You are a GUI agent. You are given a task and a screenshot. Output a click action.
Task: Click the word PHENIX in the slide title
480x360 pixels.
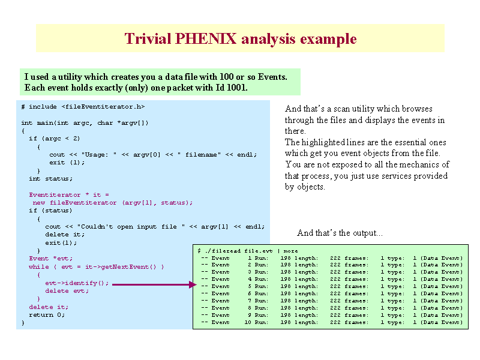(x=206, y=39)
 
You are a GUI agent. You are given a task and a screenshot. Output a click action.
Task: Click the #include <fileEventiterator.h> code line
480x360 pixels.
(x=83, y=107)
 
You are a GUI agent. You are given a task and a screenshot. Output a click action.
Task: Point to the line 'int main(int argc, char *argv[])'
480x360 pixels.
(x=85, y=123)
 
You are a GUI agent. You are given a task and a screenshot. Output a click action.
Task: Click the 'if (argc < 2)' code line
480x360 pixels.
(x=55, y=139)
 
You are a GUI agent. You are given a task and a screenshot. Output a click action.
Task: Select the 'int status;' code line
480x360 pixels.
(x=50, y=178)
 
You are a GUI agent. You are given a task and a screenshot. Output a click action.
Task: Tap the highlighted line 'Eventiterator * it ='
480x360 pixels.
(x=69, y=194)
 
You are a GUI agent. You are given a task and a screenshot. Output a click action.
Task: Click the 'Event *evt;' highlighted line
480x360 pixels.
(x=50, y=259)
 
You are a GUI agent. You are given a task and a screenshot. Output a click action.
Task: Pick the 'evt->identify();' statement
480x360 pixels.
(x=77, y=283)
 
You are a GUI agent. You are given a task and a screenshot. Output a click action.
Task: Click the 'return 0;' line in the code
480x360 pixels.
(x=47, y=314)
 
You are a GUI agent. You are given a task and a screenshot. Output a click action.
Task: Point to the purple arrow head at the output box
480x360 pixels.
(x=193, y=284)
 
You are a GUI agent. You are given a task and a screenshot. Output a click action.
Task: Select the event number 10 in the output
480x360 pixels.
(x=248, y=322)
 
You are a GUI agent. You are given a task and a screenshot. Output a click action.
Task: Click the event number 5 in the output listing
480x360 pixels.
(x=250, y=286)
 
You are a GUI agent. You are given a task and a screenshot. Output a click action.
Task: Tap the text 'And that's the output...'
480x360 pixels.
(x=340, y=233)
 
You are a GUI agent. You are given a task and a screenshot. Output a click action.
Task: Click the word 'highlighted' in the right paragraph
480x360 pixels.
(x=323, y=142)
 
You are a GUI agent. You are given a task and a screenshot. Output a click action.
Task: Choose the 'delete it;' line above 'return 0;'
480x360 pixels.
(x=49, y=307)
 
